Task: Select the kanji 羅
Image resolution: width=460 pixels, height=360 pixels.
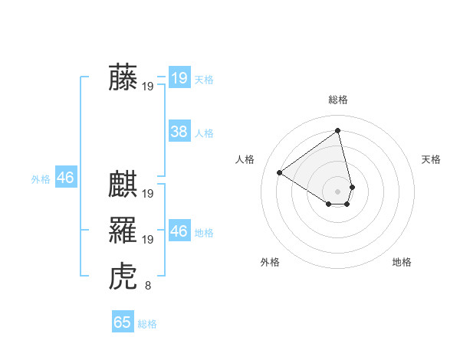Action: click(123, 230)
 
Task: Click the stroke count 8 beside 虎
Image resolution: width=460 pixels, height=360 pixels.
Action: click(148, 286)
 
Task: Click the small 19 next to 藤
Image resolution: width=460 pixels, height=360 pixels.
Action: click(148, 87)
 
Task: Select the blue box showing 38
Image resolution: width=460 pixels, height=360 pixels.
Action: click(179, 132)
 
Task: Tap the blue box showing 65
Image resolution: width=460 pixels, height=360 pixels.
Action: click(123, 322)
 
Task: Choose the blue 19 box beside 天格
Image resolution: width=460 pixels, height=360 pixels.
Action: click(179, 77)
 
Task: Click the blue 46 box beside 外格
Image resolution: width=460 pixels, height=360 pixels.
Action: click(65, 178)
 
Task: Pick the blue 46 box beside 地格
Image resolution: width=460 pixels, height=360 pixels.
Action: click(179, 231)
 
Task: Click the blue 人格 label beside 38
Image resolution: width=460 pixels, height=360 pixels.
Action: click(204, 133)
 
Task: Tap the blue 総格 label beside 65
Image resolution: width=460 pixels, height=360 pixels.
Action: click(147, 324)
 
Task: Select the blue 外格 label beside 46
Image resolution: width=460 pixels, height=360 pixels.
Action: click(41, 179)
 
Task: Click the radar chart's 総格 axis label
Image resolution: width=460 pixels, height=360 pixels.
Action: click(338, 100)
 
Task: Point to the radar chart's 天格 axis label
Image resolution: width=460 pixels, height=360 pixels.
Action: click(432, 159)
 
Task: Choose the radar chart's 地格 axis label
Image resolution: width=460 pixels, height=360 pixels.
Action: click(402, 262)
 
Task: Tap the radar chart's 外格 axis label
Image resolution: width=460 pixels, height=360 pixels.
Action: click(270, 262)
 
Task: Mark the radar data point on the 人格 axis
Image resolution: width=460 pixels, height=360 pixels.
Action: click(280, 172)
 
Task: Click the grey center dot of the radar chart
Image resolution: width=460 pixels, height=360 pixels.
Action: click(338, 191)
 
